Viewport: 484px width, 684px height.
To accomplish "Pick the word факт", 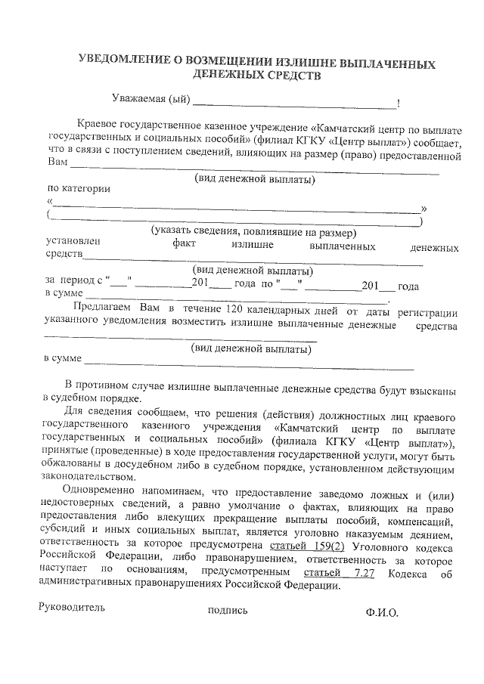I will tap(184, 244).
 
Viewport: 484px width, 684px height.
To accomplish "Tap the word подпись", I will tap(227, 611).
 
